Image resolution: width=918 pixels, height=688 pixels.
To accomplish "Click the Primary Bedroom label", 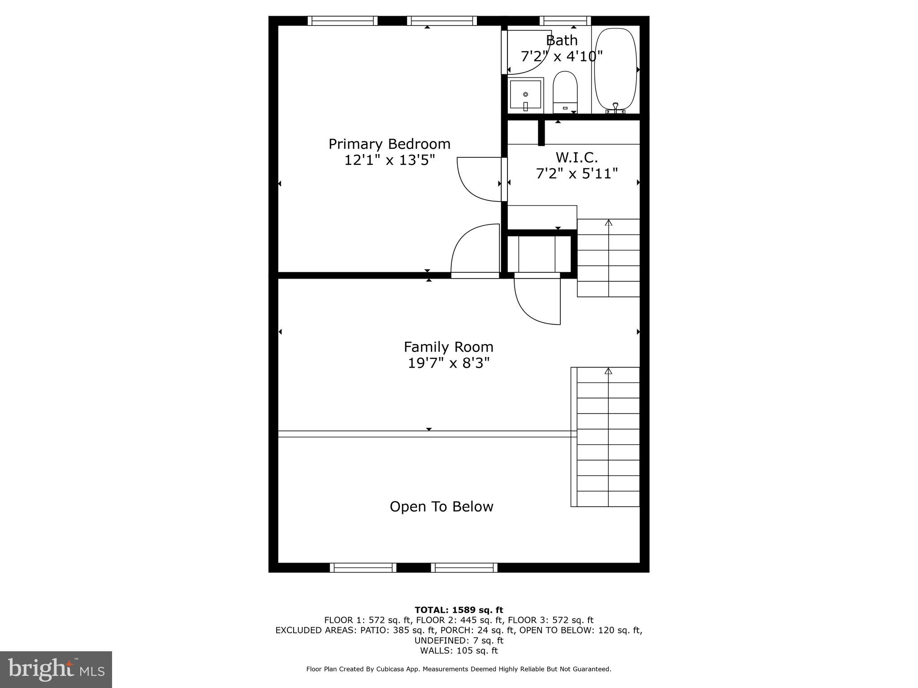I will tap(389, 144).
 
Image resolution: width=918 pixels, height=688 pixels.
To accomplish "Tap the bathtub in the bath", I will tap(615, 69).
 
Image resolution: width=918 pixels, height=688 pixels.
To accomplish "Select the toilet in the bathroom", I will tap(565, 92).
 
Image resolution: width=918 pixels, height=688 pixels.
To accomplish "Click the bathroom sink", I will tap(525, 95).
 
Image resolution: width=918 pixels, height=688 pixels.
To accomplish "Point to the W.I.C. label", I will tap(576, 158).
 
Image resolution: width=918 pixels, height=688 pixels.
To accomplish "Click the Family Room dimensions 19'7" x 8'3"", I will tap(448, 363).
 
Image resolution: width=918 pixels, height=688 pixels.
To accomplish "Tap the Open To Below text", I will tap(441, 507).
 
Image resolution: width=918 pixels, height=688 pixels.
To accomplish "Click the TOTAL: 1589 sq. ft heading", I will tap(459, 610).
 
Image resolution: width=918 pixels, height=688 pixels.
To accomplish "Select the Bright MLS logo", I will tap(56, 669).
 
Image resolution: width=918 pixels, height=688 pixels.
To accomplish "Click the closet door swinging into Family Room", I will tap(537, 300).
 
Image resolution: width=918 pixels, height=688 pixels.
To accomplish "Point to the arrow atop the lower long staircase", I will tap(608, 371).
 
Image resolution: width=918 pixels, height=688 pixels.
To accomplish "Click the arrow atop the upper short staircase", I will tap(608, 223).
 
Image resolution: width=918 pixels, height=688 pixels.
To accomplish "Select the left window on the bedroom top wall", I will tap(342, 21).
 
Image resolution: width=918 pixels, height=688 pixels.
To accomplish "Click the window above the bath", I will tap(565, 21).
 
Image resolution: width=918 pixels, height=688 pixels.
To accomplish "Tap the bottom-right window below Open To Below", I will tap(464, 568).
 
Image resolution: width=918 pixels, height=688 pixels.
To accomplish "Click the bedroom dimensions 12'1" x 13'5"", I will tap(389, 160).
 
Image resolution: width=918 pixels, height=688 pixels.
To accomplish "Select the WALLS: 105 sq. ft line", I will tap(459, 651).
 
